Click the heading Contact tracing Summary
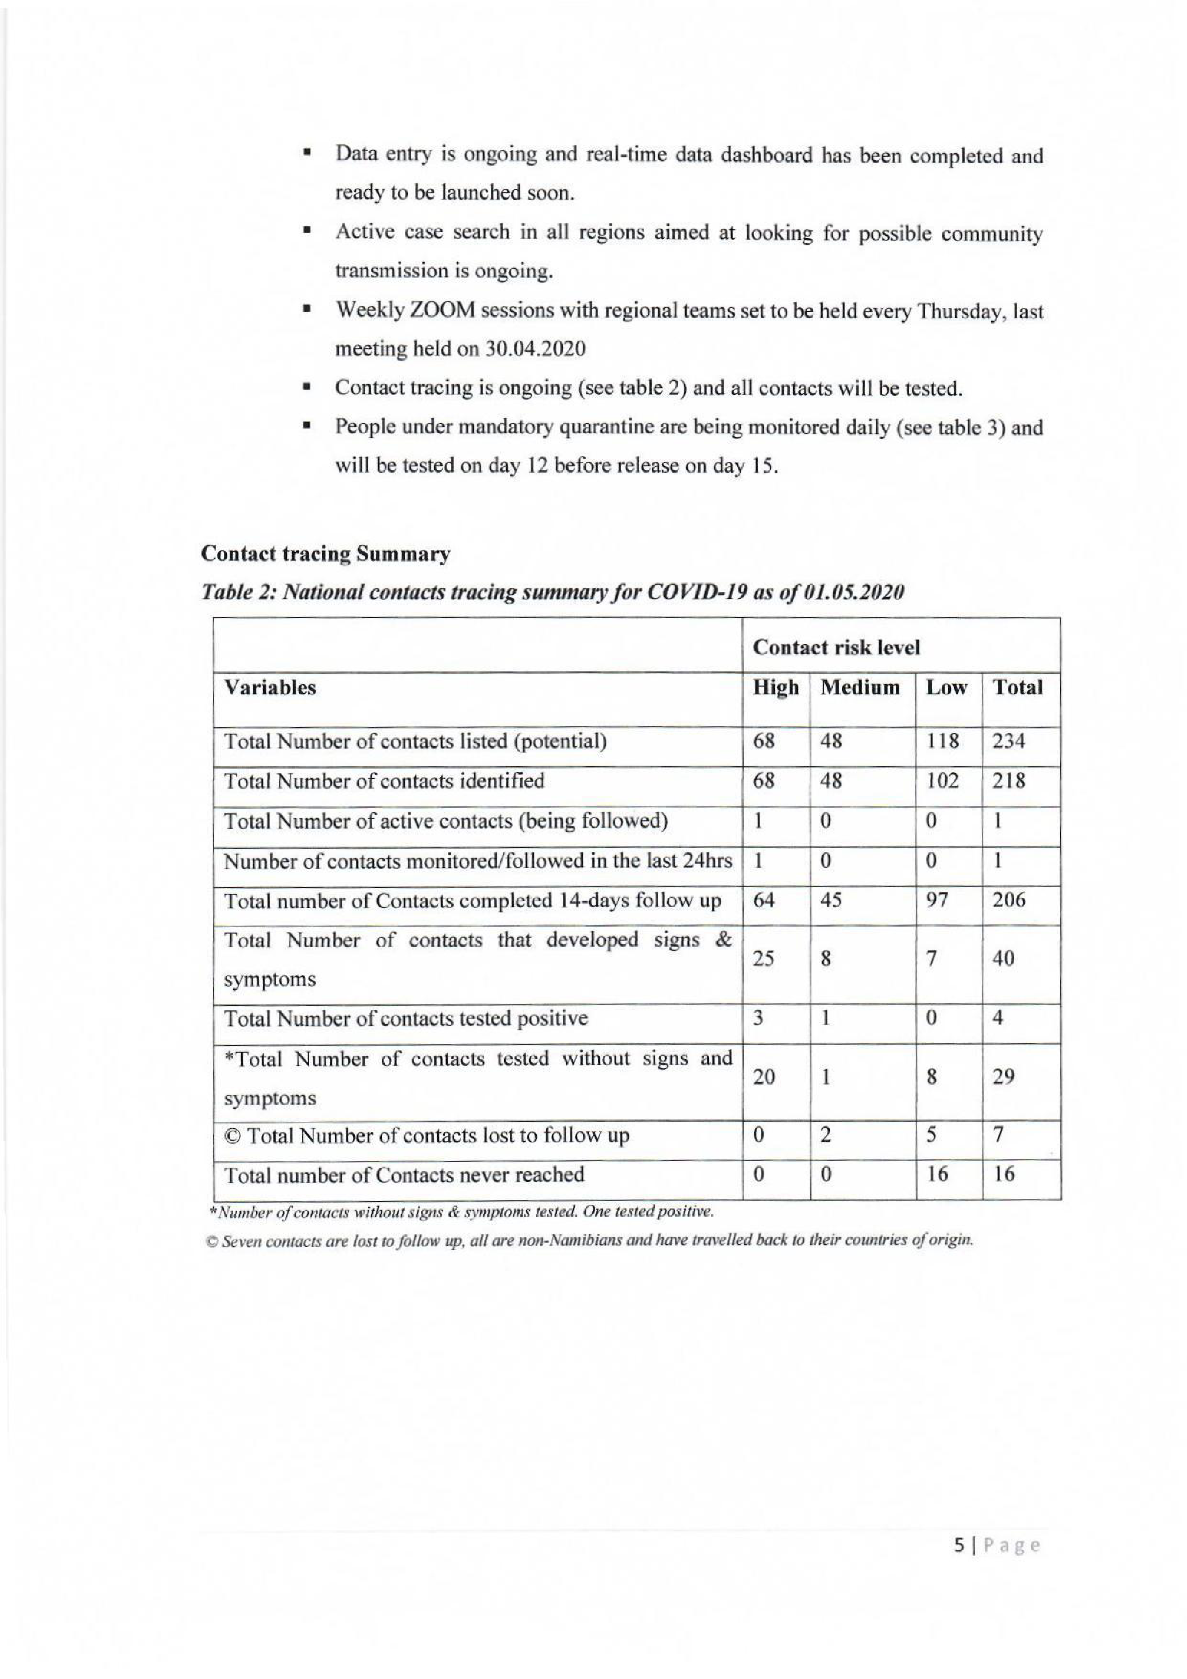(x=325, y=554)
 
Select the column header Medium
(x=860, y=688)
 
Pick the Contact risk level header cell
(x=836, y=647)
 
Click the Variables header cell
(x=270, y=688)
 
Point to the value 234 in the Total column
(x=1008, y=742)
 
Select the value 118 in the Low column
(x=943, y=742)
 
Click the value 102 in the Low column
(x=943, y=781)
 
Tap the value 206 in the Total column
(x=1008, y=900)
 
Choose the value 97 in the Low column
(x=938, y=900)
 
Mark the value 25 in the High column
(x=764, y=959)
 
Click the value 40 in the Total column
(x=1004, y=959)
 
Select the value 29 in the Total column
(x=1004, y=1077)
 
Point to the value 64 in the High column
(x=764, y=900)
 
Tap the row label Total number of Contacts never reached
(x=404, y=1175)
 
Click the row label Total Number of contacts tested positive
(x=405, y=1018)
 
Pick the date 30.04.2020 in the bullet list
(x=535, y=349)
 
